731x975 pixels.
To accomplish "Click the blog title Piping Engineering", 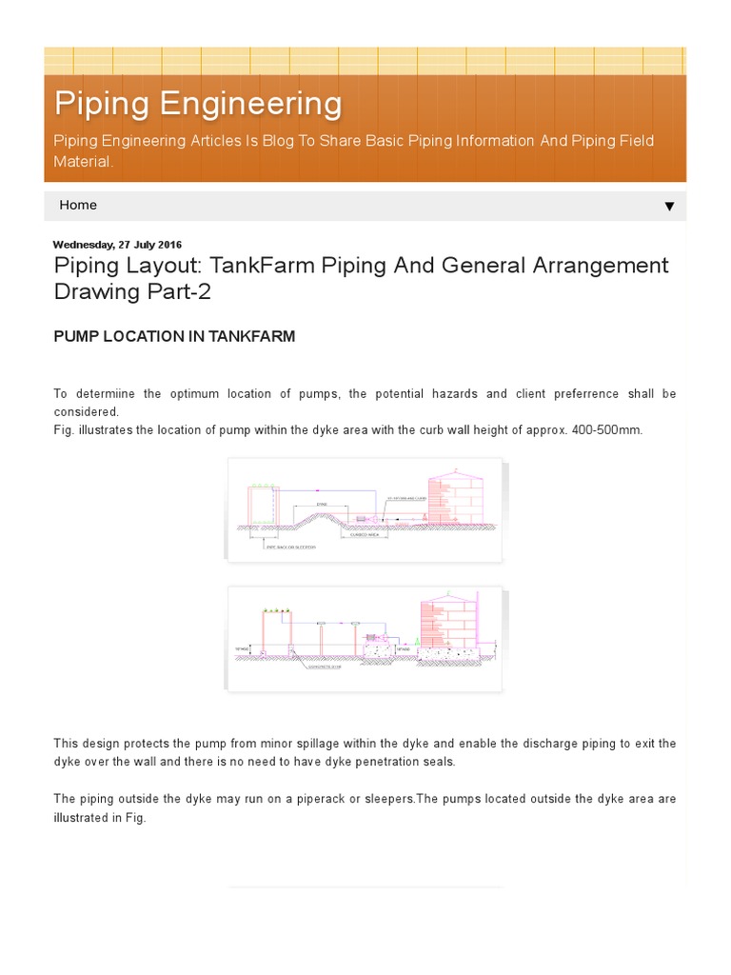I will pos(198,103).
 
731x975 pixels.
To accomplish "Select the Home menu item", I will pos(78,205).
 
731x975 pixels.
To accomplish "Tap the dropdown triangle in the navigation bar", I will pos(669,207).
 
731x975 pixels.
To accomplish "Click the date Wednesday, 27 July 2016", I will pos(117,245).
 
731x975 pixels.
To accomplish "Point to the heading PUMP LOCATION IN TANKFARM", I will pos(174,336).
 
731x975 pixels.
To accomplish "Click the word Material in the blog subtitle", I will pos(82,162).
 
